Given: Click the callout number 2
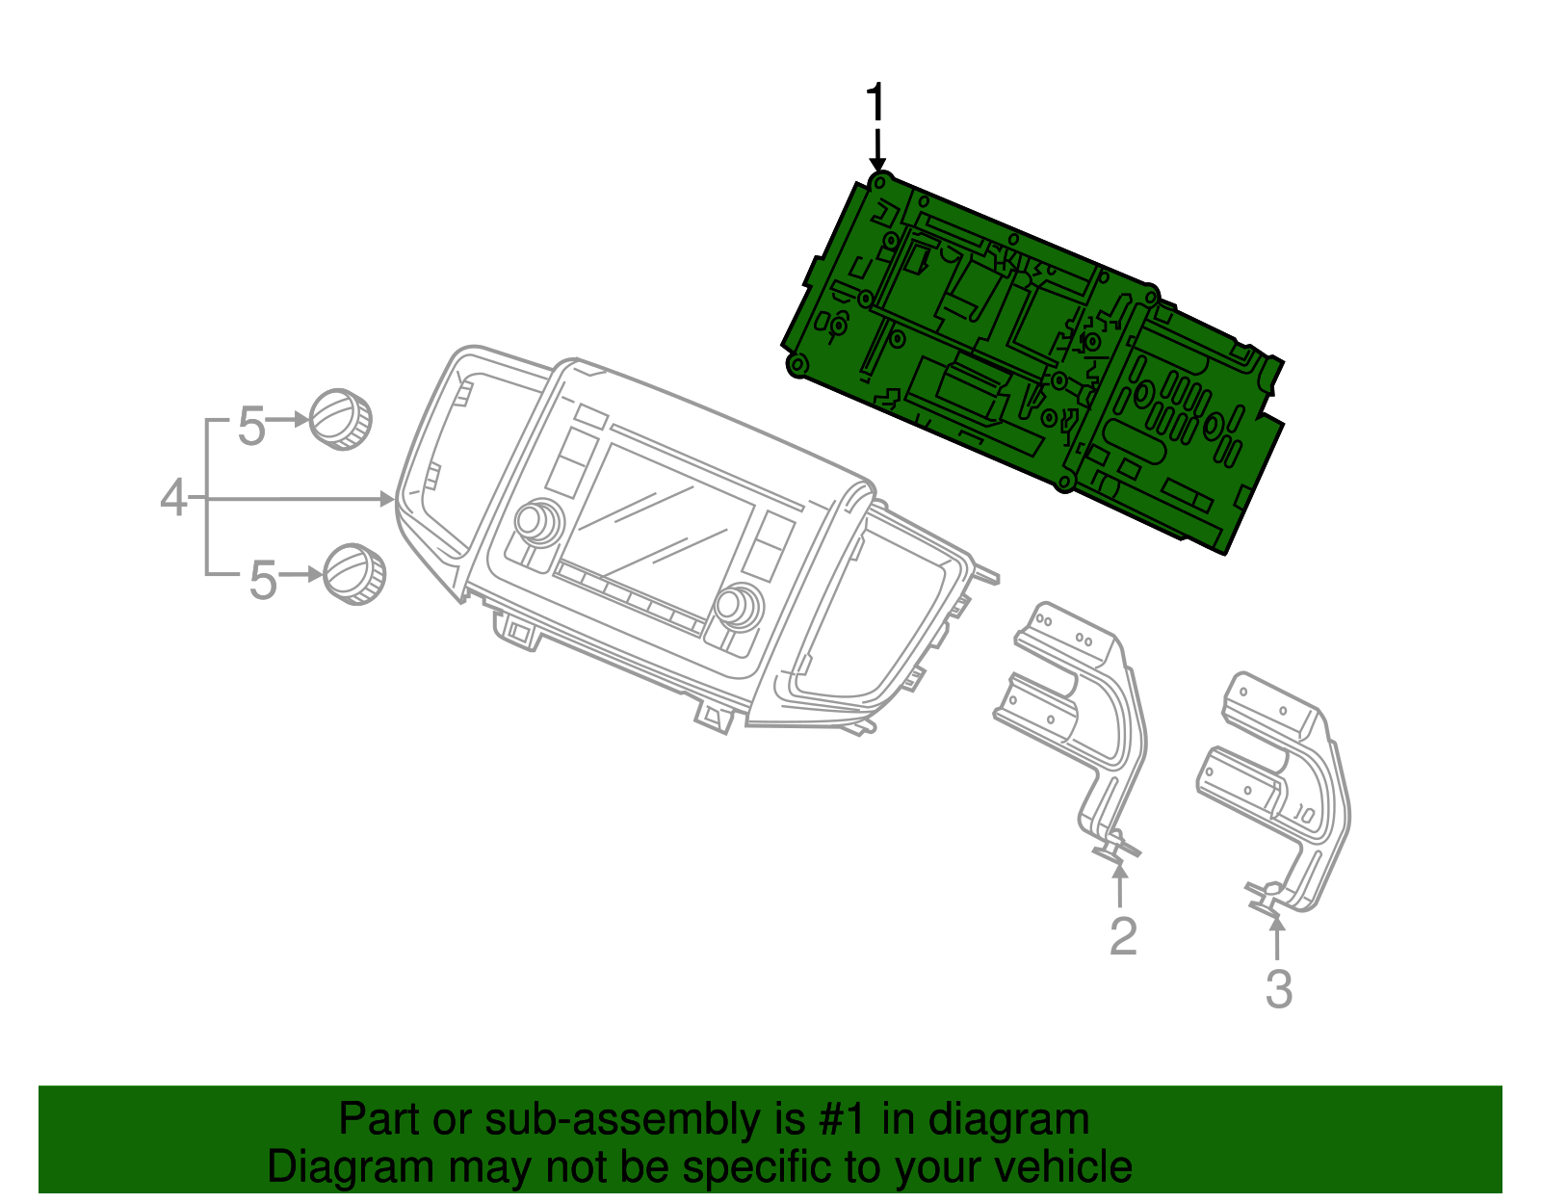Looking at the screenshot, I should pos(1123,937).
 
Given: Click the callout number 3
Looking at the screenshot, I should pos(1278,989).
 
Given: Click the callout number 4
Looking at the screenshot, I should pos(173,498).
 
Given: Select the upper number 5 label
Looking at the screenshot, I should pos(251,426).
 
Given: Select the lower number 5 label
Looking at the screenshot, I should pos(263,581).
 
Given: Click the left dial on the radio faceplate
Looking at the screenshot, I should pos(532,521).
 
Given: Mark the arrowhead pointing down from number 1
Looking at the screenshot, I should pos(876,166).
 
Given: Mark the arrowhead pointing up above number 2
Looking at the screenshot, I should pos(1119,871).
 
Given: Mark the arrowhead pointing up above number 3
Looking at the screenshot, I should pos(1277,923).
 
